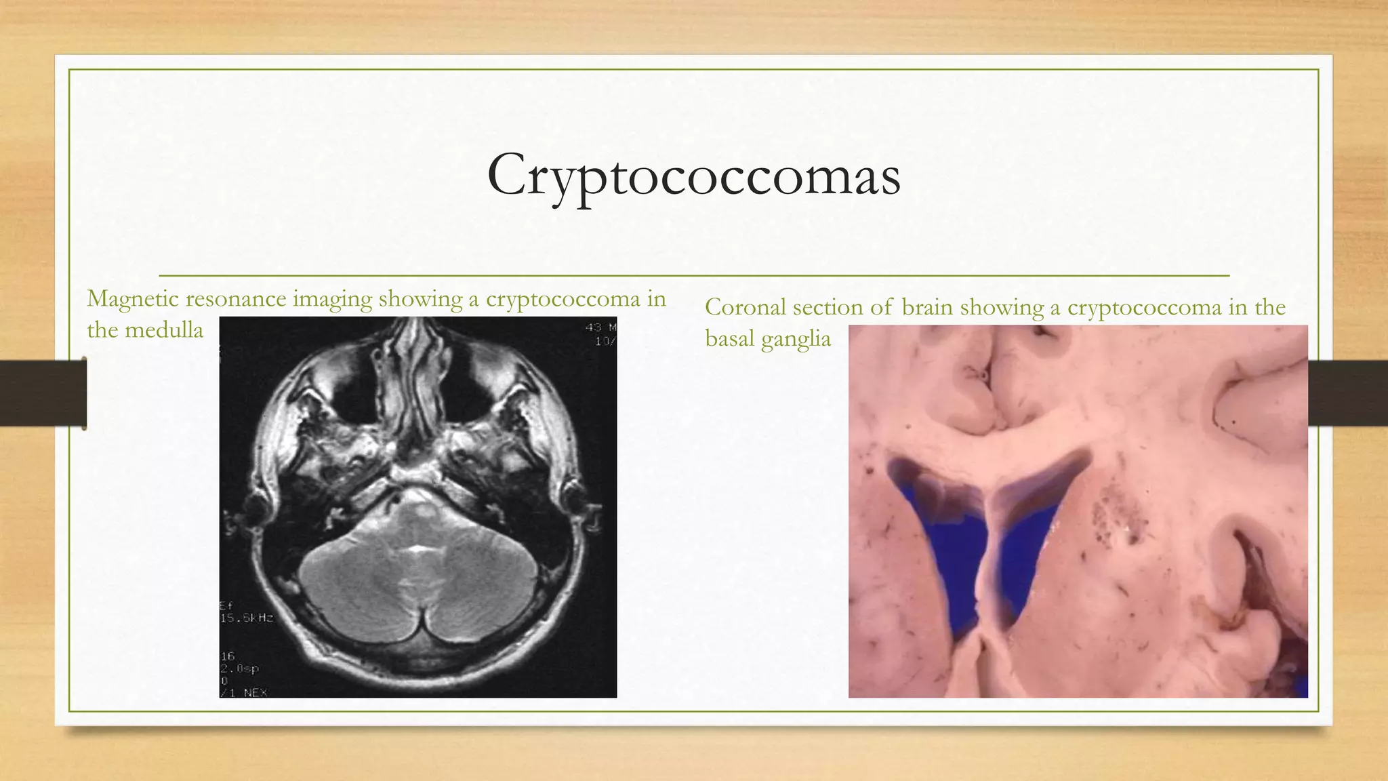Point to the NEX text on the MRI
point(255,692)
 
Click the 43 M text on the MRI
point(600,328)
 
